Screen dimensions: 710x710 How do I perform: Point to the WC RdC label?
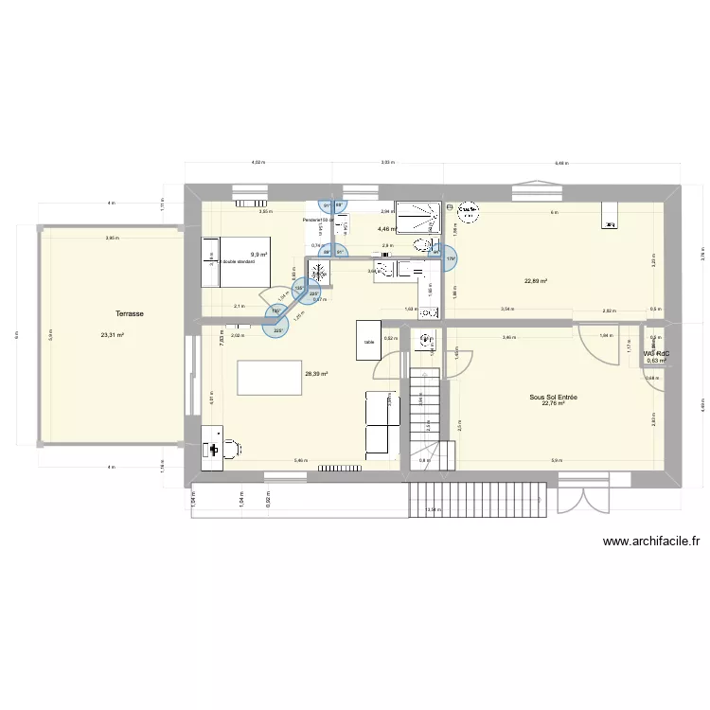(656, 353)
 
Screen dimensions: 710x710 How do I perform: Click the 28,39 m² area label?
(316, 374)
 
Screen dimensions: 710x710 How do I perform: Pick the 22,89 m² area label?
(536, 280)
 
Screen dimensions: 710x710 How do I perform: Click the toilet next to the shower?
(420, 245)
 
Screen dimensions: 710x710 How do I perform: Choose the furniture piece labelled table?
(366, 340)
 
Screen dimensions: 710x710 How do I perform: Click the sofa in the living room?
(380, 421)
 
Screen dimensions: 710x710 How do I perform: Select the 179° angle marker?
(451, 259)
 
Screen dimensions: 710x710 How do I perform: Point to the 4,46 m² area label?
(387, 228)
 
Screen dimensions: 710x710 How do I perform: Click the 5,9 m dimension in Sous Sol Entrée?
(553, 461)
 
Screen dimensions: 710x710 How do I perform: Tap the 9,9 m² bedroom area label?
(258, 255)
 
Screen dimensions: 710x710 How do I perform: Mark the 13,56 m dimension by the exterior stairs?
(432, 509)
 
